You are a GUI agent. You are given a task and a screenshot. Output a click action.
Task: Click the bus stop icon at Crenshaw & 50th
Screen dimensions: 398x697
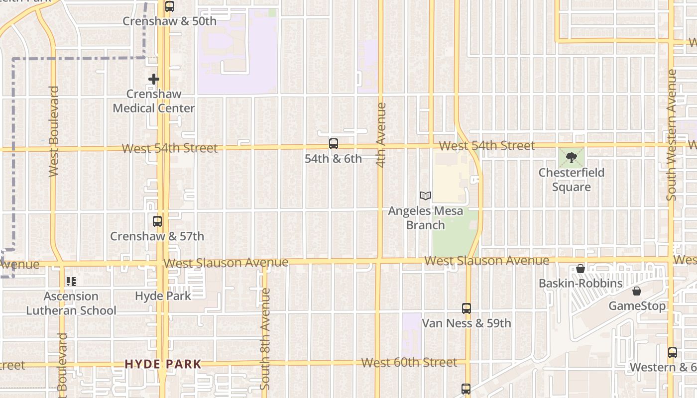pos(170,6)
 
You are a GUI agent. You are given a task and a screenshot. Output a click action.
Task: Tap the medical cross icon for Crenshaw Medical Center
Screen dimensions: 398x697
pos(154,79)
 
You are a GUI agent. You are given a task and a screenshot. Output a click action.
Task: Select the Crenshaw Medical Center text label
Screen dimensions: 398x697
pos(154,101)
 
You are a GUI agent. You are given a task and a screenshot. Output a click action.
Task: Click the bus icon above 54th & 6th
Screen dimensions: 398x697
pos(334,144)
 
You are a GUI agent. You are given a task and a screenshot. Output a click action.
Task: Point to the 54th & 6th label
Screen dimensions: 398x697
pos(333,159)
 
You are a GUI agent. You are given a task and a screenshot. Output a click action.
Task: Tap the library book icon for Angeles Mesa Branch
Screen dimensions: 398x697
pos(425,196)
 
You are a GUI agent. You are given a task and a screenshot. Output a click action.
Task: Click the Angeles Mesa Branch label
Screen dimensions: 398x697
pos(425,218)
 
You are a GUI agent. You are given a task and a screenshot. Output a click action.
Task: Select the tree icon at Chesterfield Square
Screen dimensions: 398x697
pos(571,158)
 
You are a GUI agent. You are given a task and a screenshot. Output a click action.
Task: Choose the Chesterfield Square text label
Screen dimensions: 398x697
pos(572,180)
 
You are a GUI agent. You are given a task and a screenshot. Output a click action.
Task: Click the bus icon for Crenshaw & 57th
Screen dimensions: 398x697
pos(157,221)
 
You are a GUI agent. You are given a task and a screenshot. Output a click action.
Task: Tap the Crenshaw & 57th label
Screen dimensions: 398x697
pos(157,236)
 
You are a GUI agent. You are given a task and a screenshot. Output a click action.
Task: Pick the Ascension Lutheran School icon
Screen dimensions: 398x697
pos(71,282)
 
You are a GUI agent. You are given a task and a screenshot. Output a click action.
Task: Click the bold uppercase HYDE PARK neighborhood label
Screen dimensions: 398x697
pos(163,364)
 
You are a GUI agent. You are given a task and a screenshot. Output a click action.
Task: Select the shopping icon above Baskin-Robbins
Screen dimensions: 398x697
pos(581,269)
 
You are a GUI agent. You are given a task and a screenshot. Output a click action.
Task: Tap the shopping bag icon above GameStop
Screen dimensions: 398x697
pos(637,291)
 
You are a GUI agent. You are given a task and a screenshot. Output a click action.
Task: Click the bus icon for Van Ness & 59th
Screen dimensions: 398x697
pos(466,308)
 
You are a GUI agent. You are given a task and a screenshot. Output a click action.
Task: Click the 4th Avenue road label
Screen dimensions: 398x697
pos(381,135)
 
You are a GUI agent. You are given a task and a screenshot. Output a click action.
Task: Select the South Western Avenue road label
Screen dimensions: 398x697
pos(672,135)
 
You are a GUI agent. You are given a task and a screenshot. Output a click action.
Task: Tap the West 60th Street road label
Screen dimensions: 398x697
pos(409,363)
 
